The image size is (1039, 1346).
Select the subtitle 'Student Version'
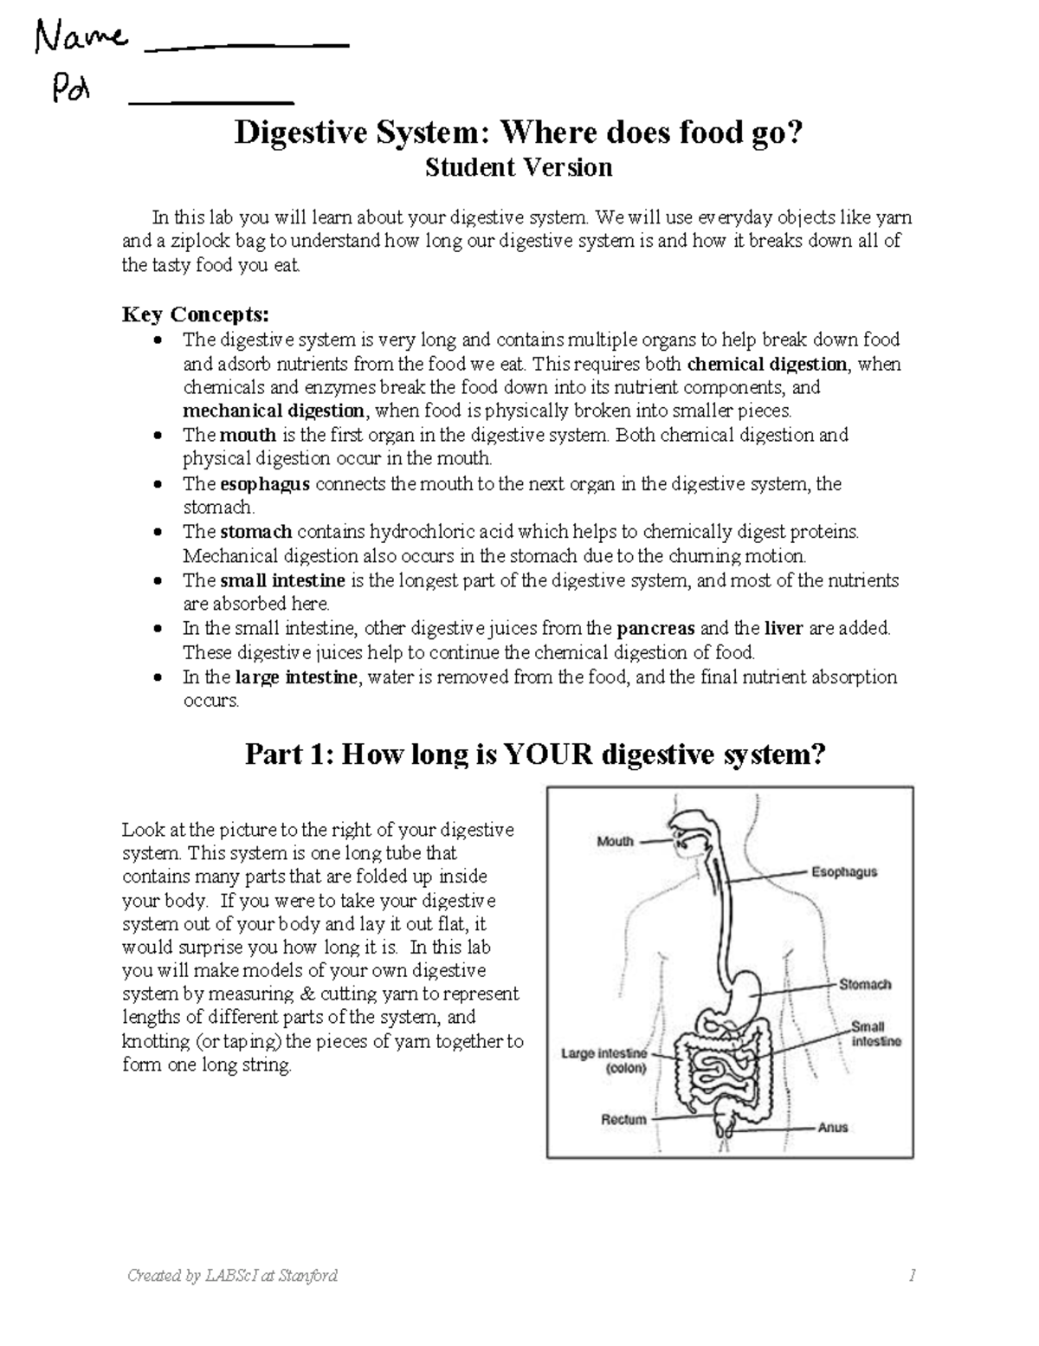pyautogui.click(x=519, y=167)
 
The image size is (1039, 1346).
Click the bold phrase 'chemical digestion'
pyautogui.click(x=766, y=364)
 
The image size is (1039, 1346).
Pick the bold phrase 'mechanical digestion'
pyautogui.click(x=274, y=411)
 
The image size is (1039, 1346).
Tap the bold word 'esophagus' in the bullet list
pyautogui.click(x=264, y=483)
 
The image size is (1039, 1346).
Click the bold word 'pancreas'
pyautogui.click(x=655, y=628)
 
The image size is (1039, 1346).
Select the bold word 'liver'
pyautogui.click(x=784, y=628)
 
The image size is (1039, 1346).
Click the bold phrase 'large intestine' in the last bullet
pyautogui.click(x=295, y=677)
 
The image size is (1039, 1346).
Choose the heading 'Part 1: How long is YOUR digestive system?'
pyautogui.click(x=535, y=754)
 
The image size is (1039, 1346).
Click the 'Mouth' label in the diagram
pyautogui.click(x=615, y=841)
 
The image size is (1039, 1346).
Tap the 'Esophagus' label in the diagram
pyautogui.click(x=843, y=872)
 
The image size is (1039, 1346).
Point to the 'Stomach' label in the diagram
pyautogui.click(x=864, y=984)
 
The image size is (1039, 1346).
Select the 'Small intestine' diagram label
pyautogui.click(x=875, y=1033)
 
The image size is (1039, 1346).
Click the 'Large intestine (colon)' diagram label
pyautogui.click(x=603, y=1061)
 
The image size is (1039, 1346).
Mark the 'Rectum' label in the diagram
pyautogui.click(x=623, y=1119)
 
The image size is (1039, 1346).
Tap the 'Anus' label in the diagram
pyautogui.click(x=832, y=1128)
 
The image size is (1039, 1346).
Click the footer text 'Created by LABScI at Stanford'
pyautogui.click(x=232, y=1275)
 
